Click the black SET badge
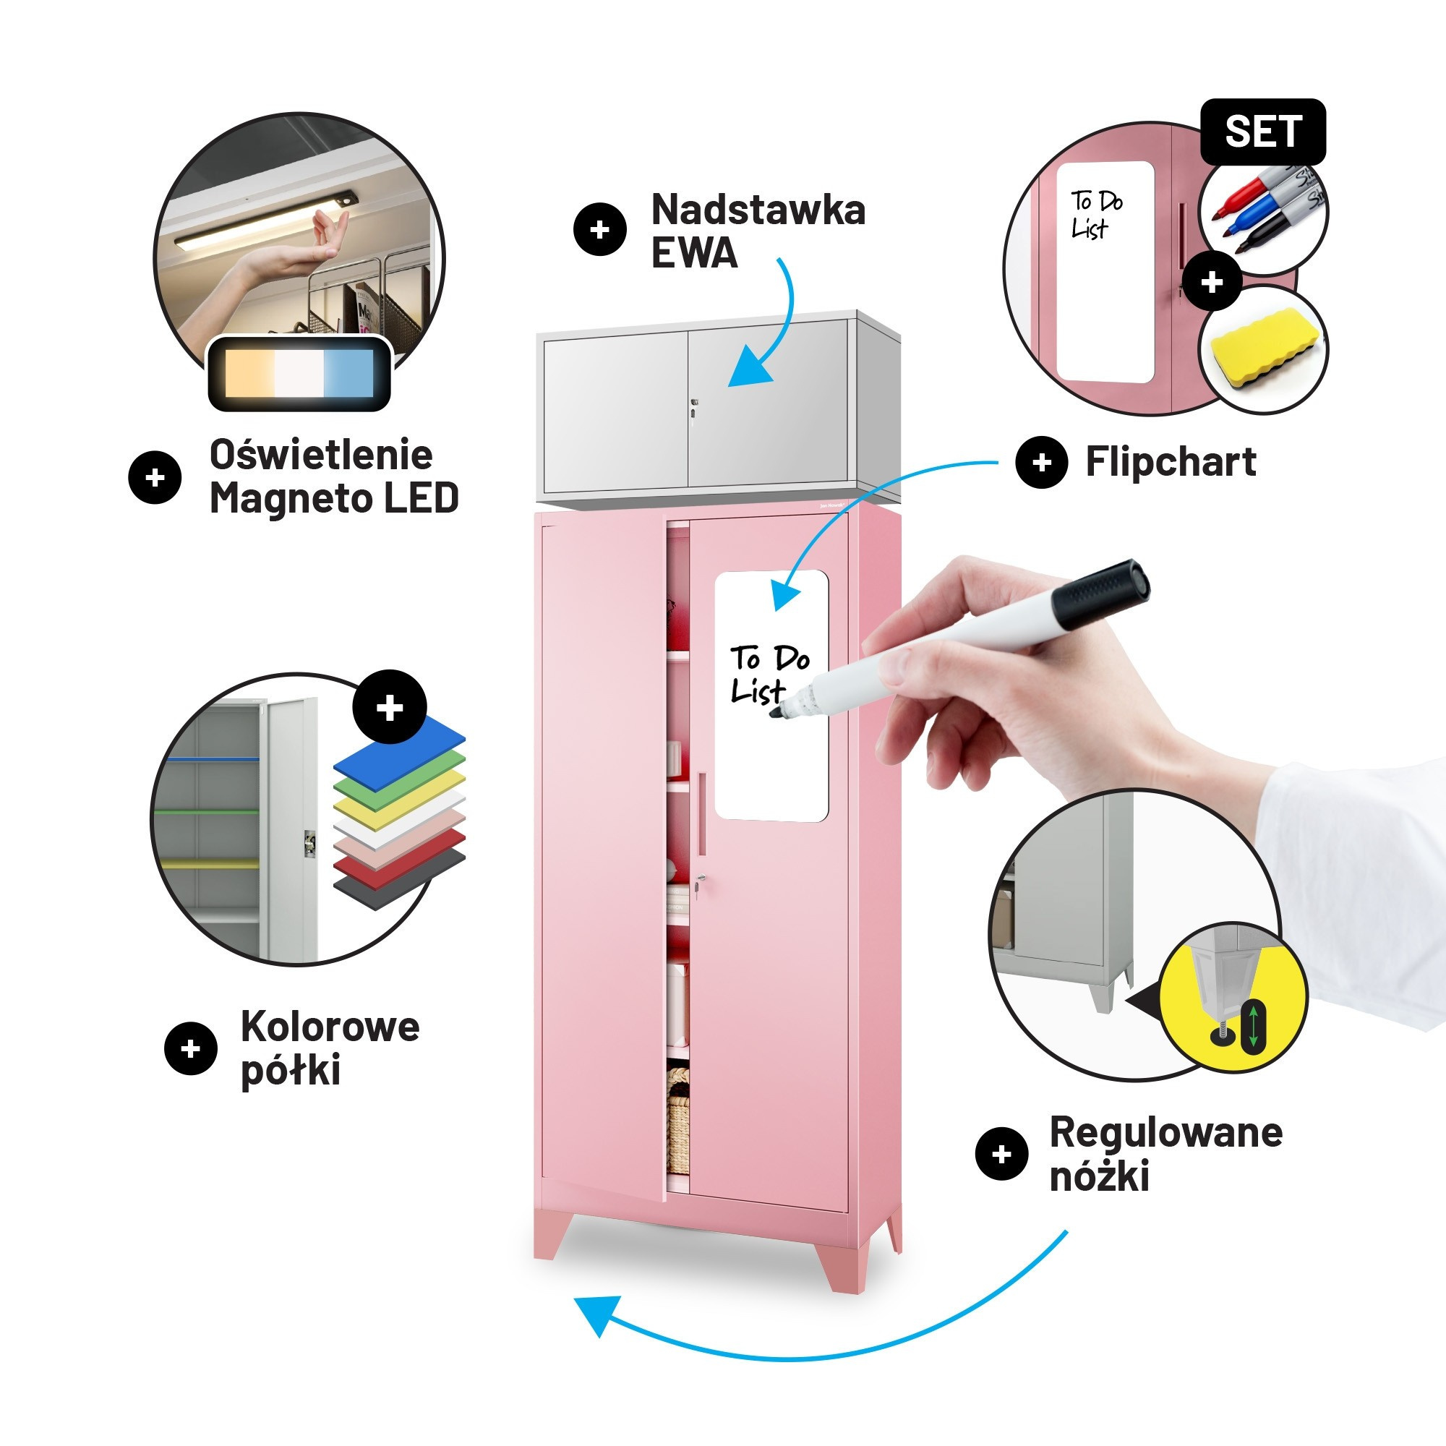(x=1262, y=132)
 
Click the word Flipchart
(x=1171, y=462)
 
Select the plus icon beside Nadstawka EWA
(x=599, y=230)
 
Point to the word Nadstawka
(x=758, y=210)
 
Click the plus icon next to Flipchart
(x=1041, y=463)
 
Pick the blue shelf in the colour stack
(x=400, y=749)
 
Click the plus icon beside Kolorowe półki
(x=190, y=1048)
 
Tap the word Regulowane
(x=1165, y=1132)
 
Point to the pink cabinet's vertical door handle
(x=702, y=813)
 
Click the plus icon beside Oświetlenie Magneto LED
(x=155, y=477)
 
